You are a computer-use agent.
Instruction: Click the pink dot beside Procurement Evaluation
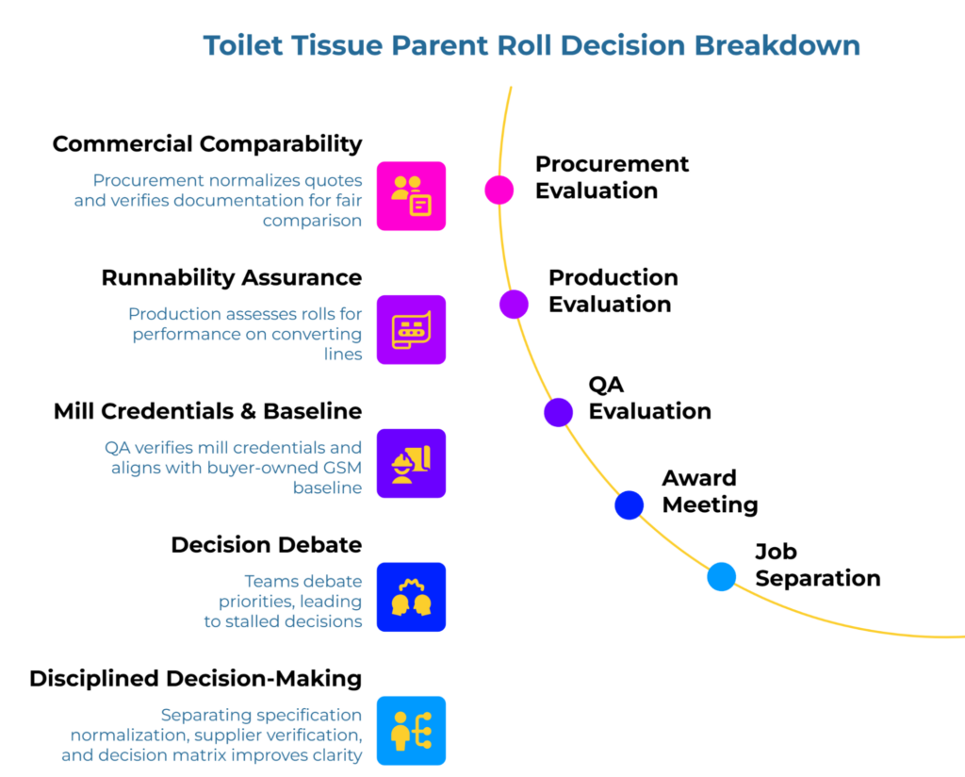pyautogui.click(x=499, y=190)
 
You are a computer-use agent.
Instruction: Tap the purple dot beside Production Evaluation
pyautogui.click(x=514, y=304)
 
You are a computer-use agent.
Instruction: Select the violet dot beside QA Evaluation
pyautogui.click(x=558, y=412)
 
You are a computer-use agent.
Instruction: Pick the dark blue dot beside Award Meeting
pyautogui.click(x=629, y=504)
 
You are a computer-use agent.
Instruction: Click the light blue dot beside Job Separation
pyautogui.click(x=722, y=576)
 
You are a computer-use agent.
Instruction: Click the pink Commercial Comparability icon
pyautogui.click(x=411, y=196)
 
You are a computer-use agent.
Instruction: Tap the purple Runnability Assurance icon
pyautogui.click(x=411, y=330)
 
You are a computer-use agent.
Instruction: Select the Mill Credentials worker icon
pyautogui.click(x=411, y=463)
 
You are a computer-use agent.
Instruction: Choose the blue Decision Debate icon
pyautogui.click(x=411, y=597)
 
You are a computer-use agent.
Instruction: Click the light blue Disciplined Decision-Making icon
pyautogui.click(x=411, y=731)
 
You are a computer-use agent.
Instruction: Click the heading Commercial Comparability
pyautogui.click(x=207, y=144)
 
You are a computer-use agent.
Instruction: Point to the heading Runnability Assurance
pyautogui.click(x=232, y=278)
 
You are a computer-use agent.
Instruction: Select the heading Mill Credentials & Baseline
pyautogui.click(x=207, y=412)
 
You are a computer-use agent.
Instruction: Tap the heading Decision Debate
pyautogui.click(x=267, y=545)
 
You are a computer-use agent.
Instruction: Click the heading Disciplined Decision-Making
pyautogui.click(x=196, y=679)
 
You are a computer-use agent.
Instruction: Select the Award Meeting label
pyautogui.click(x=710, y=491)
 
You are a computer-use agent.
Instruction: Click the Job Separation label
pyautogui.click(x=817, y=565)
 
